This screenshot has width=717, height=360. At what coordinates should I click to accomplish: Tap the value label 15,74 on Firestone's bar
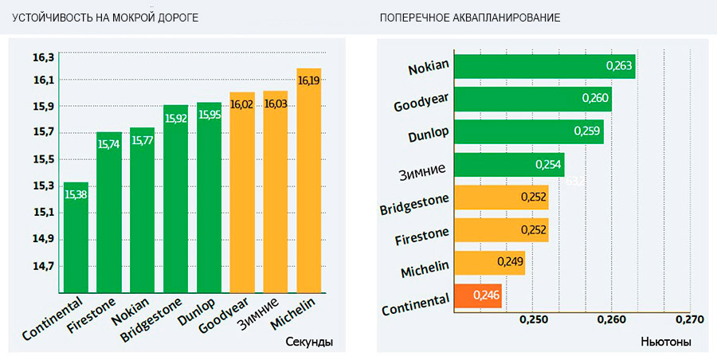109,143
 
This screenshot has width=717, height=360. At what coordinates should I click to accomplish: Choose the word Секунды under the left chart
308,342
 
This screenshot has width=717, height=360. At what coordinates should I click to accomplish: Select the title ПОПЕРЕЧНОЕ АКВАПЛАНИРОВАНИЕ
469,18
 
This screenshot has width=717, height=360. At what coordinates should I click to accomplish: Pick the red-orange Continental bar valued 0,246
477,295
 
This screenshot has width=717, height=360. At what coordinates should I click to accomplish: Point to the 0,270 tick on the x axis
690,319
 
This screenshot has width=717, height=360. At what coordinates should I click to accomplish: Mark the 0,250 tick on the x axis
534,319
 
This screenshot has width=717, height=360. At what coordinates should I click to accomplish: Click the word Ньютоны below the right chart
666,342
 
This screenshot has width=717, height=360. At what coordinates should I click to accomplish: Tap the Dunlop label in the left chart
205,312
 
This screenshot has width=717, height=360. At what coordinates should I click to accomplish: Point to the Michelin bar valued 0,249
489,262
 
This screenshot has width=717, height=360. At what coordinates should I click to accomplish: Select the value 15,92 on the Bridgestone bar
176,117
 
